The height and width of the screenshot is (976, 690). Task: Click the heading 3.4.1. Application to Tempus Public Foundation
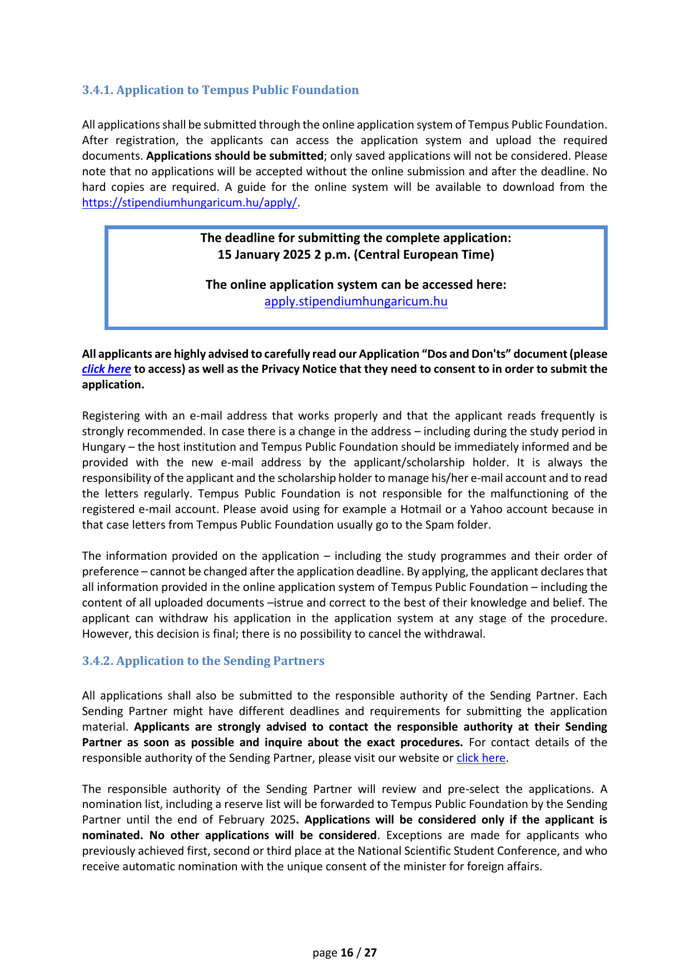(x=220, y=90)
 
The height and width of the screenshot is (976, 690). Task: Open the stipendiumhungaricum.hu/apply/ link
(x=190, y=203)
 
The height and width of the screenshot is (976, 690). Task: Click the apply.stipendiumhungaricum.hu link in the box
(x=356, y=302)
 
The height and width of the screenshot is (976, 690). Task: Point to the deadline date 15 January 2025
(x=264, y=255)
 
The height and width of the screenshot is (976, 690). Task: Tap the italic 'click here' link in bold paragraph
(x=106, y=369)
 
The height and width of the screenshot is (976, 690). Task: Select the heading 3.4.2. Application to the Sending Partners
(x=203, y=661)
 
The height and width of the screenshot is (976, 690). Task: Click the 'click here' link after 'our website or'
(x=481, y=758)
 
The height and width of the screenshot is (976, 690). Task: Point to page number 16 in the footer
(x=347, y=953)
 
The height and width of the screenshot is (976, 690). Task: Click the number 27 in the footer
(x=370, y=953)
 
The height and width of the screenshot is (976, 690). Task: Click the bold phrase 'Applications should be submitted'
(x=235, y=156)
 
